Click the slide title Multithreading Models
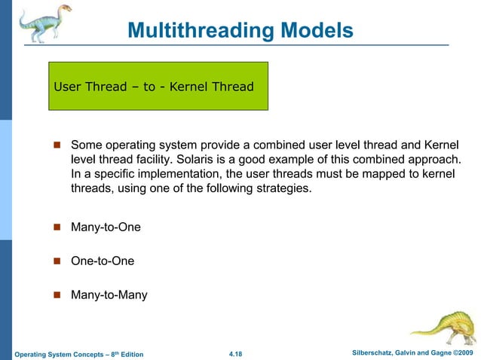240,30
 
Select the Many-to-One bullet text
106,227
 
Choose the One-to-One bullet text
103,261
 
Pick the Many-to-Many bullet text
109,295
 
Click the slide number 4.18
240,353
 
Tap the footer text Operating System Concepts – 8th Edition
79,354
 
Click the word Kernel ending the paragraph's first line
440,144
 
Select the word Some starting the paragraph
86,144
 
